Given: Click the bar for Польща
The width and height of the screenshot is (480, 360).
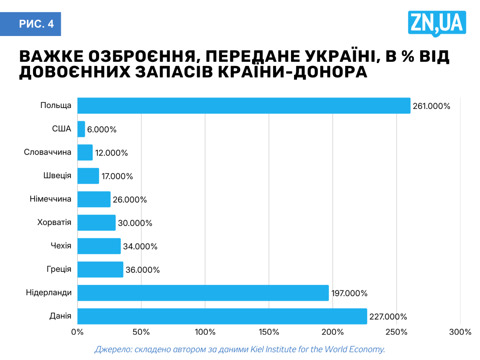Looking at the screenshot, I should click(244, 106).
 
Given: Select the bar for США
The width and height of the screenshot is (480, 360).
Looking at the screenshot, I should click(81, 129).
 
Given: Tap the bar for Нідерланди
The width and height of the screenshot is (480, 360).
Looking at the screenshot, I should click(203, 293).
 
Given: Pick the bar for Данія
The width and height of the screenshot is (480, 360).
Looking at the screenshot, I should click(222, 316).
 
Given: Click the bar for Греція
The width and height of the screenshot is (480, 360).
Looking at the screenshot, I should click(100, 270).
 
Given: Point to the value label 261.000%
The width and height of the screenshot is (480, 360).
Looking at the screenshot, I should click(431, 106).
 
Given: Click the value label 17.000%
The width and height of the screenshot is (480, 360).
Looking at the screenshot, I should click(117, 176).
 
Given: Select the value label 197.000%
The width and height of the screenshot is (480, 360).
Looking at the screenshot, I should click(349, 293).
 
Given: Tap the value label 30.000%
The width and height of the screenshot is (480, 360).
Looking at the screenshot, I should click(135, 223).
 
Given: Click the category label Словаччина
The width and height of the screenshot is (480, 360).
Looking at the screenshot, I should click(48, 152).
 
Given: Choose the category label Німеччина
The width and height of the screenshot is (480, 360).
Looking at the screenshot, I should click(50, 199).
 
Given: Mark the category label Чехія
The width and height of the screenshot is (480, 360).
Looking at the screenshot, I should click(61, 246).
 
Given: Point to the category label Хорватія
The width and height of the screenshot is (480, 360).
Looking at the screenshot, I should click(54, 222).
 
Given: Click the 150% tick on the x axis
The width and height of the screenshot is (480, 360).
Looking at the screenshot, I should click(269, 332).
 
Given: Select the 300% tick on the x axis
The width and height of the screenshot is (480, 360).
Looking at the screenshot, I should click(460, 332).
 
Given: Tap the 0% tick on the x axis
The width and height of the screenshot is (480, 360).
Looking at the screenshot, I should click(77, 332).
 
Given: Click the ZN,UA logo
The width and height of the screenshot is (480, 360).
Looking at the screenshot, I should click(437, 23).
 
